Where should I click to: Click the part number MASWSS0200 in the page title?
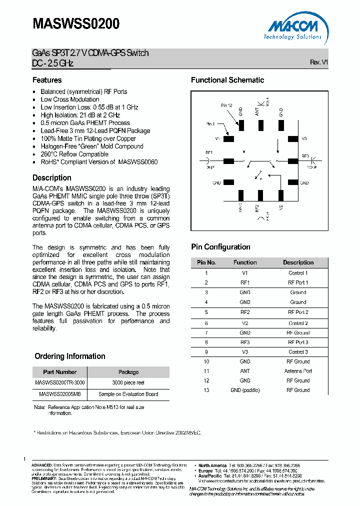pyautogui.click(x=76, y=23)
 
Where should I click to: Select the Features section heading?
pyautogui.click(x=47, y=80)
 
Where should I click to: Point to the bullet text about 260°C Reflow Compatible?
pyautogui.click(x=74, y=154)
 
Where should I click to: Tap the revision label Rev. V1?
pyautogui.click(x=318, y=62)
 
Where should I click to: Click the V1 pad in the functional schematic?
pyautogui.click(x=228, y=139)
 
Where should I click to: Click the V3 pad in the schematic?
pyautogui.click(x=292, y=139)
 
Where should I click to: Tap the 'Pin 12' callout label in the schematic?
pyautogui.click(x=226, y=105)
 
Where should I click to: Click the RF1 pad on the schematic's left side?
pyautogui.click(x=228, y=161)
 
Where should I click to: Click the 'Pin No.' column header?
pyautogui.click(x=206, y=262)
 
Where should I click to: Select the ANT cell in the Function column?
pyautogui.click(x=245, y=371)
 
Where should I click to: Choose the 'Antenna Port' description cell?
pyautogui.click(x=298, y=371)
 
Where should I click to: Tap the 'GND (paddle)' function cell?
pyautogui.click(x=245, y=390)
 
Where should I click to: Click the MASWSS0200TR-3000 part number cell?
pyautogui.click(x=59, y=382)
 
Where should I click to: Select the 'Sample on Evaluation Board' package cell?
pyautogui.click(x=128, y=394)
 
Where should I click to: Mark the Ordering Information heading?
pyautogui.click(x=69, y=356)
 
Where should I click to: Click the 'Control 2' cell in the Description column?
pyautogui.click(x=298, y=323)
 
